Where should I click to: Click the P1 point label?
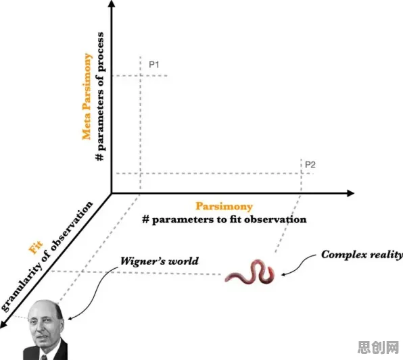tap(153, 64)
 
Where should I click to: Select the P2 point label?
tap(310, 165)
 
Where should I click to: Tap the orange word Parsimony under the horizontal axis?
tap(224, 207)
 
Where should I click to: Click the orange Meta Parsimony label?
tap(87, 97)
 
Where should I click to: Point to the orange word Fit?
tap(35, 247)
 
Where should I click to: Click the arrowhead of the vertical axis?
tap(112, 3)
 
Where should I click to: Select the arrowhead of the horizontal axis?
tap(350, 193)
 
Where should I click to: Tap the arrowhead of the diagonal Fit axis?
tap(3, 324)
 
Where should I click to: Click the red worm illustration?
tap(250, 272)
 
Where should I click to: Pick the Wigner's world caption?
tap(160, 261)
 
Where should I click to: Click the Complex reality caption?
tap(362, 255)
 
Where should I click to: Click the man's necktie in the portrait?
tap(44, 357)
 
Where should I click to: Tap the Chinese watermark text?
tap(378, 347)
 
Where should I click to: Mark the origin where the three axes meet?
tap(112, 193)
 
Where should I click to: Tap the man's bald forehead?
tap(41, 307)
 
